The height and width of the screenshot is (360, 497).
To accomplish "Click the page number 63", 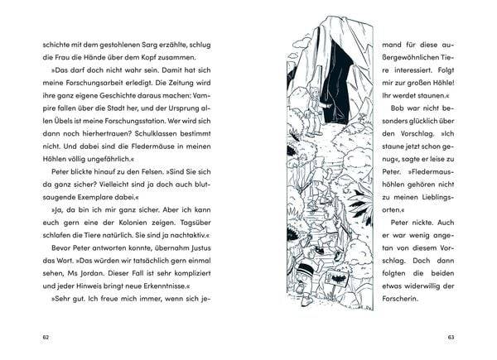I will point(451,337).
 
